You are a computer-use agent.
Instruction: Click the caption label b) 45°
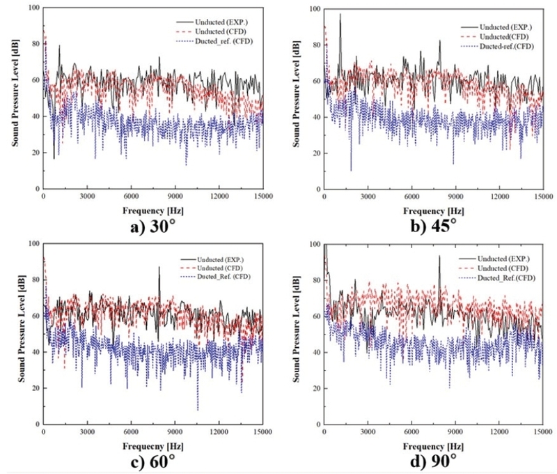click(x=433, y=224)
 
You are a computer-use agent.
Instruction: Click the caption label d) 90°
click(x=433, y=461)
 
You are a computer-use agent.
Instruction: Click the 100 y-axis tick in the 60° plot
click(x=31, y=243)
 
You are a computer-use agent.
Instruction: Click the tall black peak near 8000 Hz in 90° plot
click(x=439, y=257)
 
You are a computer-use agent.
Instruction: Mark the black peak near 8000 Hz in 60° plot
click(x=159, y=268)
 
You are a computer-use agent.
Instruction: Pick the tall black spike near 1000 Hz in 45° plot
click(x=340, y=15)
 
